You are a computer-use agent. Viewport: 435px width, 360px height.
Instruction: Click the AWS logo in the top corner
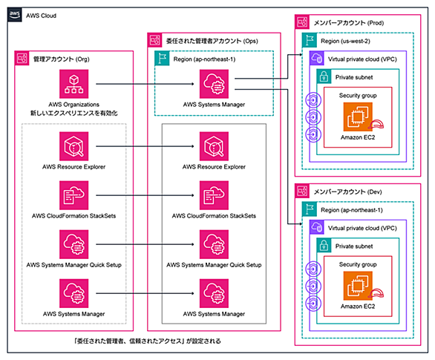pos(14,14)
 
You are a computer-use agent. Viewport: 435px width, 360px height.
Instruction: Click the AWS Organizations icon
pos(73,84)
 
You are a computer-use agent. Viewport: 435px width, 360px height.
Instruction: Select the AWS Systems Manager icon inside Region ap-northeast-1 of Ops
pos(214,84)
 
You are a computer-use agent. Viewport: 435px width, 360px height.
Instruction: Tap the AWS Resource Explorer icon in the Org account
pos(73,146)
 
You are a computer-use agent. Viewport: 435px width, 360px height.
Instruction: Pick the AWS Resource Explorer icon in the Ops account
pos(214,146)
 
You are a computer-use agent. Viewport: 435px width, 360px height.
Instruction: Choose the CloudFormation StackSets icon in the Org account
pos(73,195)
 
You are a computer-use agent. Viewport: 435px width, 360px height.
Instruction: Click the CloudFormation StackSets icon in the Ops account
pos(214,195)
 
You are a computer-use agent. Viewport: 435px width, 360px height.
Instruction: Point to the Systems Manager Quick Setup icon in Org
pos(73,244)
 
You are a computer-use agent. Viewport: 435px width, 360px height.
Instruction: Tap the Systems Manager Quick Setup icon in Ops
pos(214,244)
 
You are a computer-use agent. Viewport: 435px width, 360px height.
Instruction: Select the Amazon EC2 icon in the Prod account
pos(358,117)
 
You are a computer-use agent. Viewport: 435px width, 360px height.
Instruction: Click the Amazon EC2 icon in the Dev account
pos(358,286)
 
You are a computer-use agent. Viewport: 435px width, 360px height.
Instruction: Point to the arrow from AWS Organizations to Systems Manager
pos(145,84)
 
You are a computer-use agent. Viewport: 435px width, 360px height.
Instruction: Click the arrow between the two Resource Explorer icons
pos(145,146)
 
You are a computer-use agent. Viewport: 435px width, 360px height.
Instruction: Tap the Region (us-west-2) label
pos(345,41)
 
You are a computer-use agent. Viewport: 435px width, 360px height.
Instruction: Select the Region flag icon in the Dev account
pos(310,209)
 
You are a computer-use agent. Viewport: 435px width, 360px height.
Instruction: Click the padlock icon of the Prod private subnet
pos(324,76)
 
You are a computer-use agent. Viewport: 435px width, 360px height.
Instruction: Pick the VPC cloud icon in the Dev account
pos(316,227)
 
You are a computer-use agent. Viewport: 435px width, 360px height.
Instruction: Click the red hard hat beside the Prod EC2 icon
pos(376,125)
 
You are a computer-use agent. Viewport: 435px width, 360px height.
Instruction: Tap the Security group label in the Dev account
pos(358,264)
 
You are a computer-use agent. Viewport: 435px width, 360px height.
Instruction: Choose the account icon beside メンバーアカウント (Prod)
pos(302,22)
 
